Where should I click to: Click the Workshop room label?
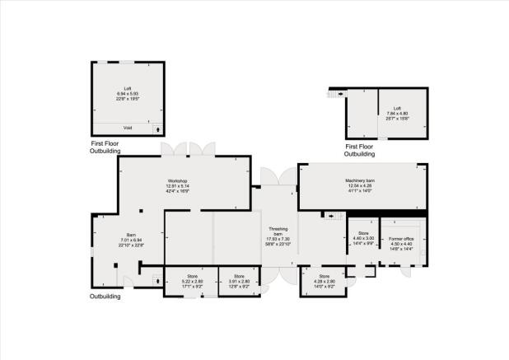(179, 180)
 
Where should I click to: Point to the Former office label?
(400, 238)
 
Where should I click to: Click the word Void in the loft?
(128, 128)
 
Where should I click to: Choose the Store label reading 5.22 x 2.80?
(193, 276)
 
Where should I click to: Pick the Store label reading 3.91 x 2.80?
(239, 276)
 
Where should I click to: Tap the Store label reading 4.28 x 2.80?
(324, 276)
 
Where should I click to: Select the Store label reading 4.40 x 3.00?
(364, 234)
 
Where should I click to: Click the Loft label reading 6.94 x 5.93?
(128, 87)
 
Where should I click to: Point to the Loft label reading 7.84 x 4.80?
(397, 109)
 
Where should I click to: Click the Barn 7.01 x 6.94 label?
(131, 234)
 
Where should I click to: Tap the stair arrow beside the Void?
(157, 129)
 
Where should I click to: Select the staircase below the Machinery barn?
(334, 216)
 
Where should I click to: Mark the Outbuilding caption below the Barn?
(105, 296)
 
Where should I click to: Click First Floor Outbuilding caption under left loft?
(105, 147)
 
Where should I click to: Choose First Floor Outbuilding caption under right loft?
(359, 149)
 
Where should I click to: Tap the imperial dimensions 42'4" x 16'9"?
(179, 191)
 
